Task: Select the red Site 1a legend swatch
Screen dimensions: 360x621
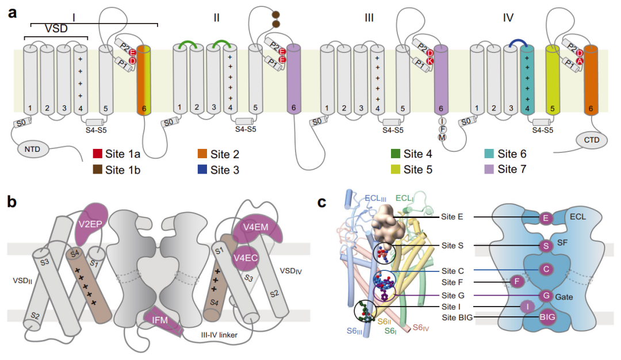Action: coord(98,154)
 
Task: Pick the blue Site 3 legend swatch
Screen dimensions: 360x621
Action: coord(203,170)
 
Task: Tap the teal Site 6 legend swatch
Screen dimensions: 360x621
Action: coord(489,154)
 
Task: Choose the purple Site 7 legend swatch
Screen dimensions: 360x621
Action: coord(489,170)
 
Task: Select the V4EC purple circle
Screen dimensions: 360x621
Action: coord(245,258)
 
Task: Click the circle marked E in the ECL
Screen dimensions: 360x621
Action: coord(545,218)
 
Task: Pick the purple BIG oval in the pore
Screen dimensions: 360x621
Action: coord(545,316)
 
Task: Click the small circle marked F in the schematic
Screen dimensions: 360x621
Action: coord(517,282)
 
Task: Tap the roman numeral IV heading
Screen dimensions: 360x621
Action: coord(507,18)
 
